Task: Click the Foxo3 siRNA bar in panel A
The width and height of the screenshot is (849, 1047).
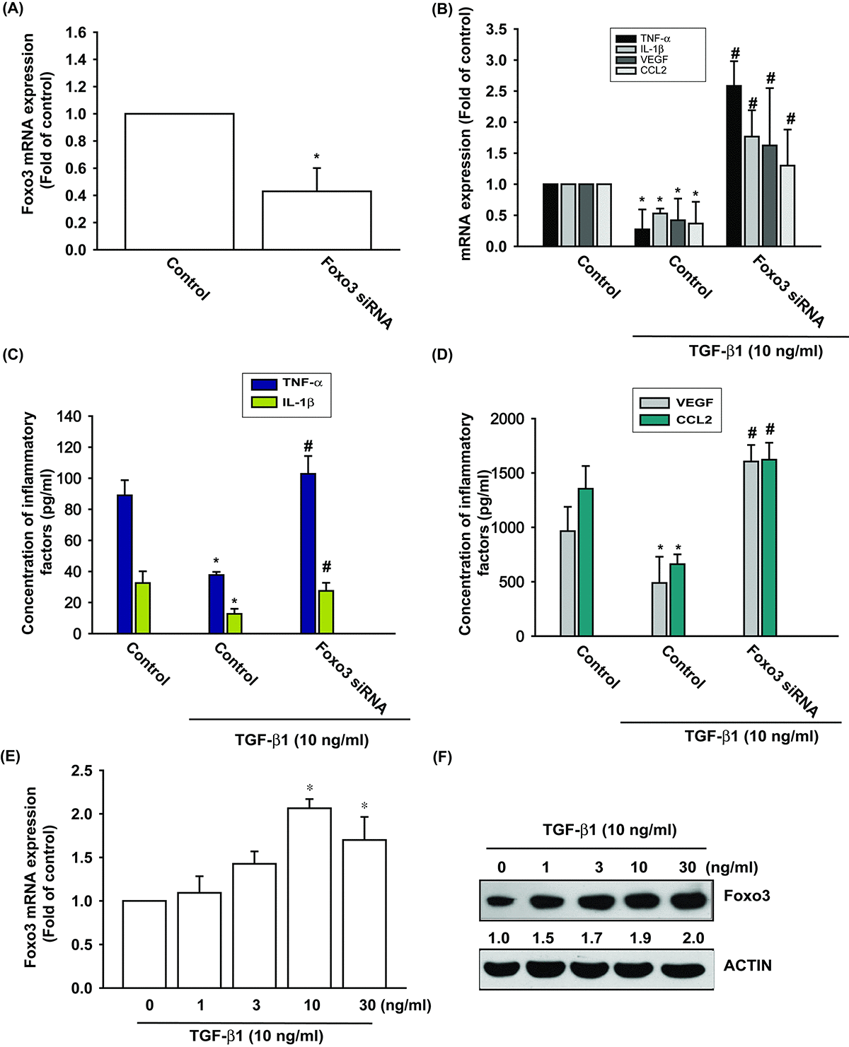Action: coord(316,221)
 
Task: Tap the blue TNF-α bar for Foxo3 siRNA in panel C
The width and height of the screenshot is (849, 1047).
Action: coord(308,554)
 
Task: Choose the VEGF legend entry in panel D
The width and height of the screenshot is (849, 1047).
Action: coord(676,402)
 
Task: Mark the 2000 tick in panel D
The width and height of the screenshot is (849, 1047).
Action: coord(509,419)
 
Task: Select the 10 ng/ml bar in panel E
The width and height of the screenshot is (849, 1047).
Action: coord(310,898)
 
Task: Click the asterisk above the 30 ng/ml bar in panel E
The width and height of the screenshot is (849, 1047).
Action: coord(365,807)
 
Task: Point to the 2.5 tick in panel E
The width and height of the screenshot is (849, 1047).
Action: coord(83,771)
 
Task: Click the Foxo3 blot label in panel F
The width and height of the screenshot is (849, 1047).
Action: coord(747,896)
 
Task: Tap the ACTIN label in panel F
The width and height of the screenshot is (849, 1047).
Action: coord(747,965)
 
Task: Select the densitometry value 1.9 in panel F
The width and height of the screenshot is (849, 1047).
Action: coord(639,938)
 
